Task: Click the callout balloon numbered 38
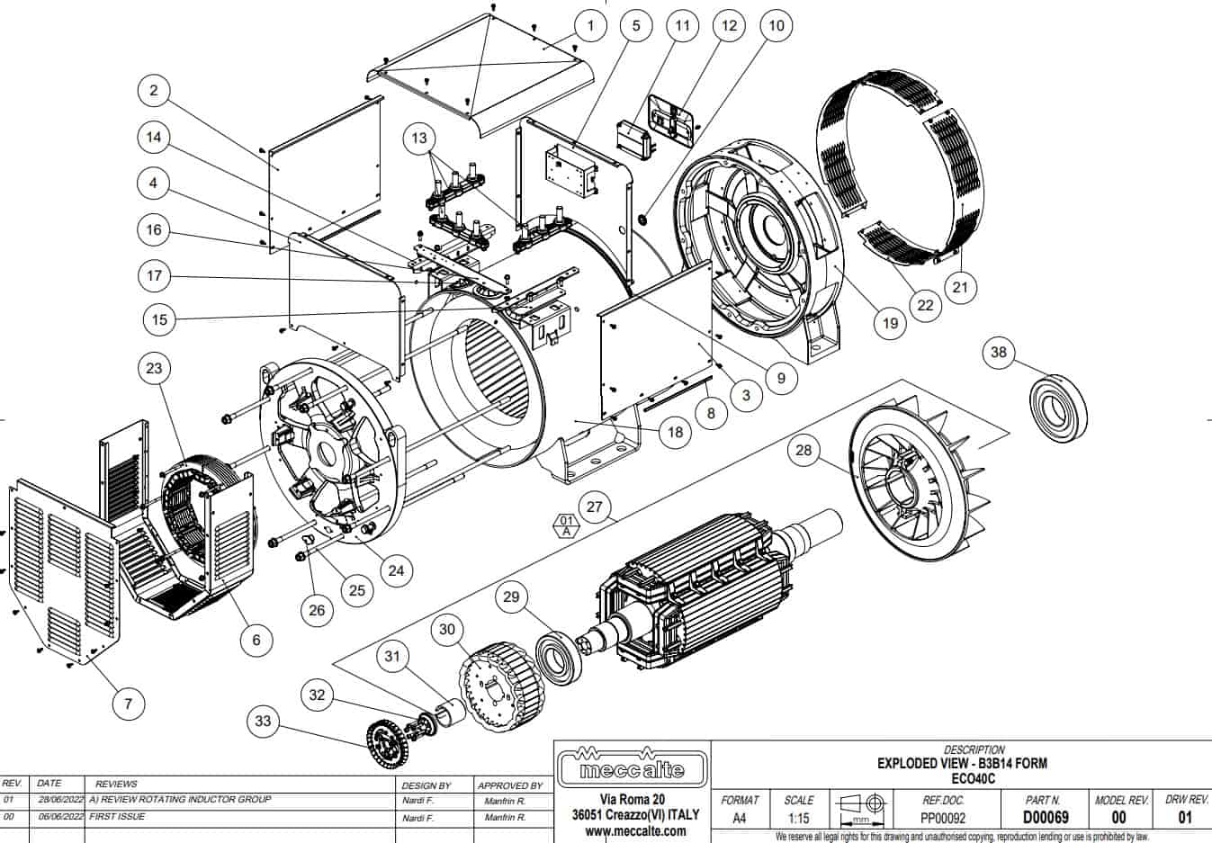pyautogui.click(x=998, y=352)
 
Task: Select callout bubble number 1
pyautogui.click(x=590, y=25)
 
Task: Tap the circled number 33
pyautogui.click(x=263, y=722)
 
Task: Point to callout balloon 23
pyautogui.click(x=154, y=368)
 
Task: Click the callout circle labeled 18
pyautogui.click(x=676, y=432)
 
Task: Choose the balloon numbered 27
pyautogui.click(x=594, y=507)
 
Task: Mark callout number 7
pyautogui.click(x=128, y=703)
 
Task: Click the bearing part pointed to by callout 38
pyautogui.click(x=1057, y=409)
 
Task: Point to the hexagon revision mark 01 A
pyautogui.click(x=565, y=525)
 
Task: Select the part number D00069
pyautogui.click(x=1045, y=818)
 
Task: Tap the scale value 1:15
pyautogui.click(x=798, y=819)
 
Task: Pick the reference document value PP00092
pyautogui.click(x=943, y=819)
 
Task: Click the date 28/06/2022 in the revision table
pyautogui.click(x=60, y=799)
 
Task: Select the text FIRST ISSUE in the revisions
pyautogui.click(x=118, y=817)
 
